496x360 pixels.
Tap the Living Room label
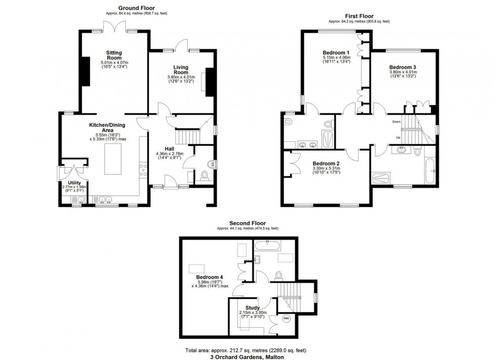pyautogui.click(x=181, y=69)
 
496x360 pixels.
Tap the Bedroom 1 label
pyautogui.click(x=336, y=53)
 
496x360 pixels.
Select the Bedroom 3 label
pyautogui.click(x=402, y=67)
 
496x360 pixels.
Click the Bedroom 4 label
pyautogui.click(x=210, y=277)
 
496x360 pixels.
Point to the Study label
pyautogui.click(x=252, y=307)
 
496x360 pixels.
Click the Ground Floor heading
pyautogui.click(x=137, y=8)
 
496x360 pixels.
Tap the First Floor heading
pyautogui.click(x=359, y=16)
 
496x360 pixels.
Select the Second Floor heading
pyautogui.click(x=247, y=223)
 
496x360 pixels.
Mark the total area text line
pyautogui.click(x=248, y=350)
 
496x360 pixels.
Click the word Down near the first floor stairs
pyautogui.click(x=396, y=122)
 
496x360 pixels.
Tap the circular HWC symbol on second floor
pyautogui.click(x=286, y=319)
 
